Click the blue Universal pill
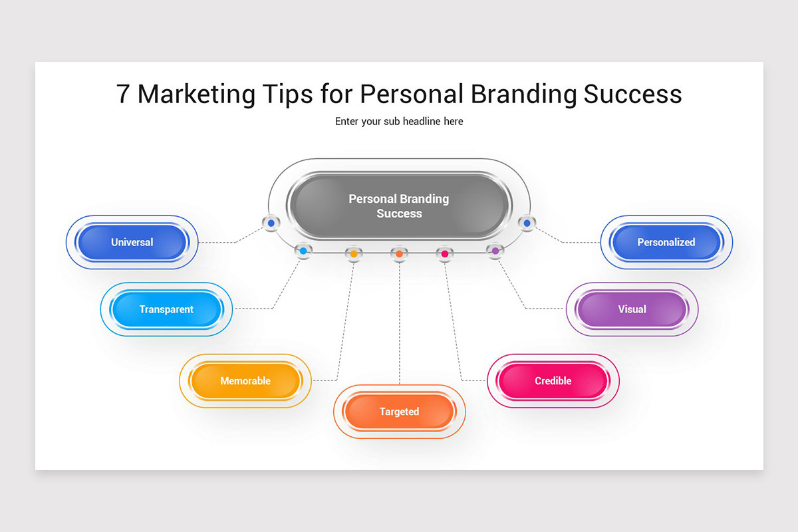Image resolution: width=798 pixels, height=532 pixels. (132, 242)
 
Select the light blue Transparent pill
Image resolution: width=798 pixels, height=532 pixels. (166, 309)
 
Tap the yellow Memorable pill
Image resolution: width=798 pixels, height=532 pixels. (245, 381)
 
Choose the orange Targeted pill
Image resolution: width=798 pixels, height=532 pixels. (399, 412)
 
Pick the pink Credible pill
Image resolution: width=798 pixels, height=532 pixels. (553, 381)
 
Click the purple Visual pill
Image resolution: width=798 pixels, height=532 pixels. (632, 309)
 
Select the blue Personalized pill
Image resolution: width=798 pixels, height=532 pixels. (666, 242)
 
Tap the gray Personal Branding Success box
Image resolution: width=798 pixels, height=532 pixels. (399, 206)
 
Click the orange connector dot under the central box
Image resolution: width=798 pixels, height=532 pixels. (399, 253)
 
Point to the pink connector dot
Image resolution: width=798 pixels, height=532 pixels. (445, 253)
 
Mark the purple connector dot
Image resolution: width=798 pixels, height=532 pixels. (495, 251)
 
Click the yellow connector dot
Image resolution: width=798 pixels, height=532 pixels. (353, 253)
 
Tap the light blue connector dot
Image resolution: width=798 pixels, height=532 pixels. (303, 251)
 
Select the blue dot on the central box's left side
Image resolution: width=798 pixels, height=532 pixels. (271, 223)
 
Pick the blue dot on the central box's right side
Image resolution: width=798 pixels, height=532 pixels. (527, 223)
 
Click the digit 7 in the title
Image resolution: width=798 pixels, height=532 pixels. (123, 94)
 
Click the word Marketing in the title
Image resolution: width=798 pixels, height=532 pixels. (196, 94)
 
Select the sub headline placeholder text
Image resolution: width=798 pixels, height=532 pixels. (399, 121)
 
